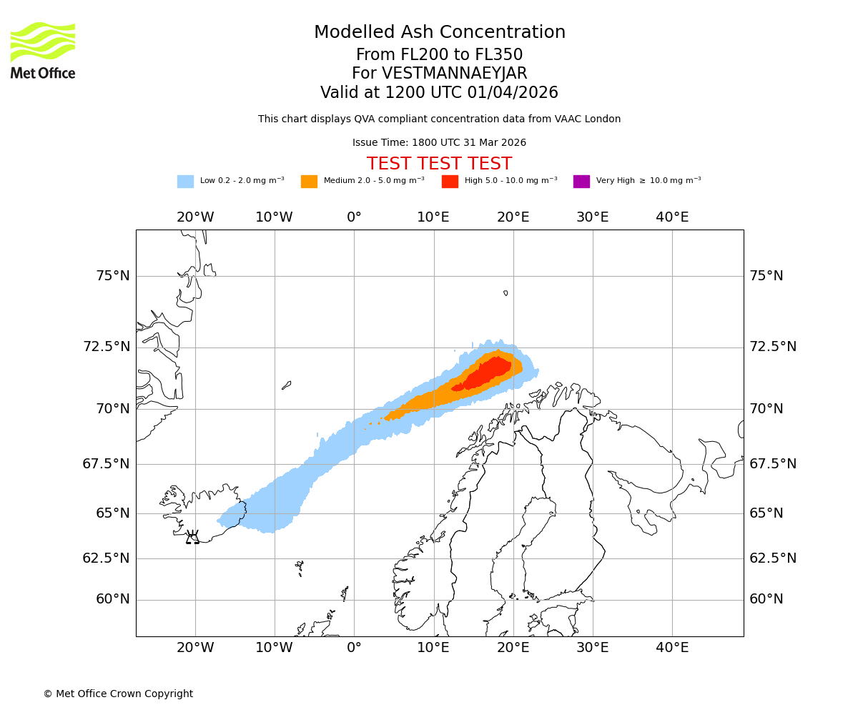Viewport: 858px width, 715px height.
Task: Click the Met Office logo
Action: click(43, 50)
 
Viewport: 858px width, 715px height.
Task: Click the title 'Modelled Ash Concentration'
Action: click(439, 33)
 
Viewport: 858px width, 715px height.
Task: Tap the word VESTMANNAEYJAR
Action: click(454, 74)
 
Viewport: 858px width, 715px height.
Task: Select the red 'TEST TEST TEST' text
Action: click(439, 164)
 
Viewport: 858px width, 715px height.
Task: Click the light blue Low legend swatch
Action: click(185, 182)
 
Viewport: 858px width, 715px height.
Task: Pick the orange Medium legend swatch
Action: click(309, 182)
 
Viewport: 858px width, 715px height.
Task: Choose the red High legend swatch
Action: click(450, 182)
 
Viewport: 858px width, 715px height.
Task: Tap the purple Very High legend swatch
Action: click(581, 182)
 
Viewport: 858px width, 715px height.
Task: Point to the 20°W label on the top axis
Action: click(195, 217)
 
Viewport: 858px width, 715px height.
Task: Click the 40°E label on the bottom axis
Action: click(672, 648)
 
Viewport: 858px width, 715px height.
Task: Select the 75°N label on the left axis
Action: click(113, 276)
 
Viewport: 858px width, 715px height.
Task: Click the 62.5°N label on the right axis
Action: click(773, 558)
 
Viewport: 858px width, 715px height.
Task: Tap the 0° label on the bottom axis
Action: click(354, 648)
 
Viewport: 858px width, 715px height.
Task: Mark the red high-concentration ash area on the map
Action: click(490, 372)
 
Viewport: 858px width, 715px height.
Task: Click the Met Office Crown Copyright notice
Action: click(118, 694)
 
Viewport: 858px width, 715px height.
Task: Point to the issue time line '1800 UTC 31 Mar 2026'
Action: click(439, 143)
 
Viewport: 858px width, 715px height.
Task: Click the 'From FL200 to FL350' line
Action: click(439, 55)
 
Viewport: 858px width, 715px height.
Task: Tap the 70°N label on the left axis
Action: click(113, 409)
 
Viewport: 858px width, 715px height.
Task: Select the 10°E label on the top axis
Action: click(433, 217)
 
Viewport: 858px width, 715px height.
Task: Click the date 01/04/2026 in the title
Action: click(513, 93)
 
